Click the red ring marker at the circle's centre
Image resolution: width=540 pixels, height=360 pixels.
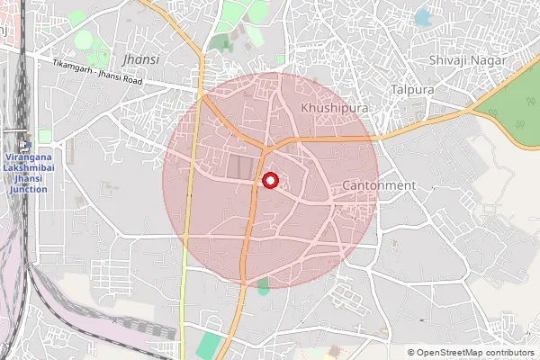point(269,181)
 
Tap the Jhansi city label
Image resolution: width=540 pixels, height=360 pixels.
point(141,59)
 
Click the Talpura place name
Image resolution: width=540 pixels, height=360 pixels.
point(412,90)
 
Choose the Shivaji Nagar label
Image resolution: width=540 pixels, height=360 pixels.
point(467,59)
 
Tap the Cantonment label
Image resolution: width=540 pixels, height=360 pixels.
point(379,185)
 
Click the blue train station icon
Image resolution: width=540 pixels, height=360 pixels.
point(23,148)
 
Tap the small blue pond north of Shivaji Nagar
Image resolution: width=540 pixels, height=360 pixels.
point(423,18)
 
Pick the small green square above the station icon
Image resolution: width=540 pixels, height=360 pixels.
point(45,136)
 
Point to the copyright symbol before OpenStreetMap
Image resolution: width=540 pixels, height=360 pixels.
point(411,353)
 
